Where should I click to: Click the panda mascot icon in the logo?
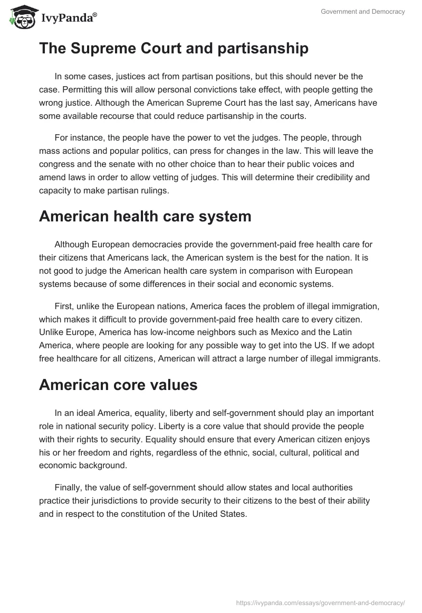coord(20,16)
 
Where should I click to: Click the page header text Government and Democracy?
coord(363,12)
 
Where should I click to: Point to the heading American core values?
coord(118,385)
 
